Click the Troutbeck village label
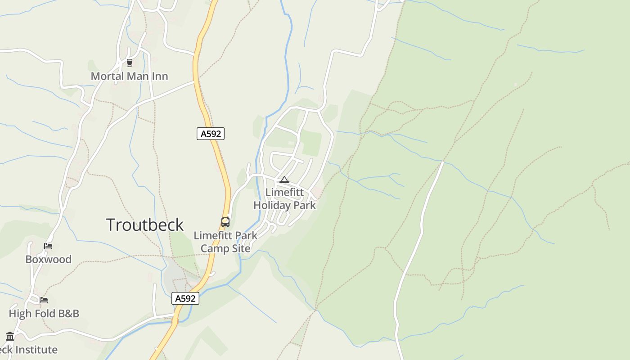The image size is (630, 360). [145, 225]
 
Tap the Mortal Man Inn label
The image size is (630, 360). [129, 76]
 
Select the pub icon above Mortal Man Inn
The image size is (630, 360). [130, 63]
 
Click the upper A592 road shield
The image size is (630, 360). [211, 134]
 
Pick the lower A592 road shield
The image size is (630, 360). [185, 298]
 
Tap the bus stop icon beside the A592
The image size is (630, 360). [225, 222]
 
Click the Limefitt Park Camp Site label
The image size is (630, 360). [225, 242]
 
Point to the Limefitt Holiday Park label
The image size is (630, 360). [284, 199]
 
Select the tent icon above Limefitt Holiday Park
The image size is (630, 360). [284, 180]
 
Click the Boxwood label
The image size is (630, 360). [48, 259]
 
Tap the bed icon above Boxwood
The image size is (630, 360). [48, 246]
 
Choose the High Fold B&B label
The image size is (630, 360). [44, 314]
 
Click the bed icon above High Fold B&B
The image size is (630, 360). [44, 300]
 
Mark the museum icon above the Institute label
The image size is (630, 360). [10, 336]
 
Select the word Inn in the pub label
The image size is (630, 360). [159, 76]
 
